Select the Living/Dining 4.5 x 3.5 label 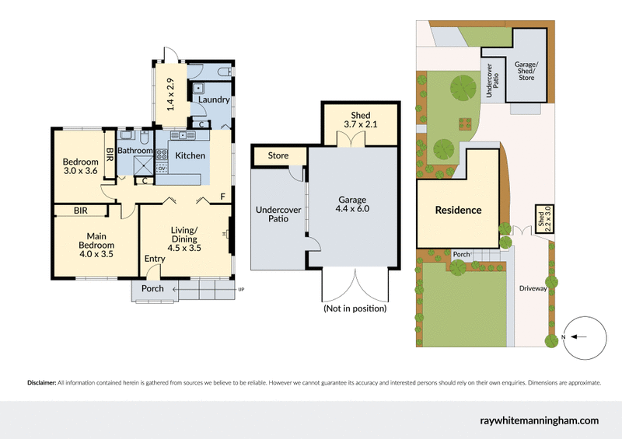point(184,239)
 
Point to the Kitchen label point(190,155)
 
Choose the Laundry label point(213,99)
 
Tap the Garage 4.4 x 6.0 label point(354,204)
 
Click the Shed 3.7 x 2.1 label point(360,121)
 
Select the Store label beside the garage point(278,155)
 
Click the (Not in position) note point(355,308)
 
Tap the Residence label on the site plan point(458,210)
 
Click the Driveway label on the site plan point(534,288)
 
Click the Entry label point(155,259)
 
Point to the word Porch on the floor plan point(152,289)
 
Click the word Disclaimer point(42,382)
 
